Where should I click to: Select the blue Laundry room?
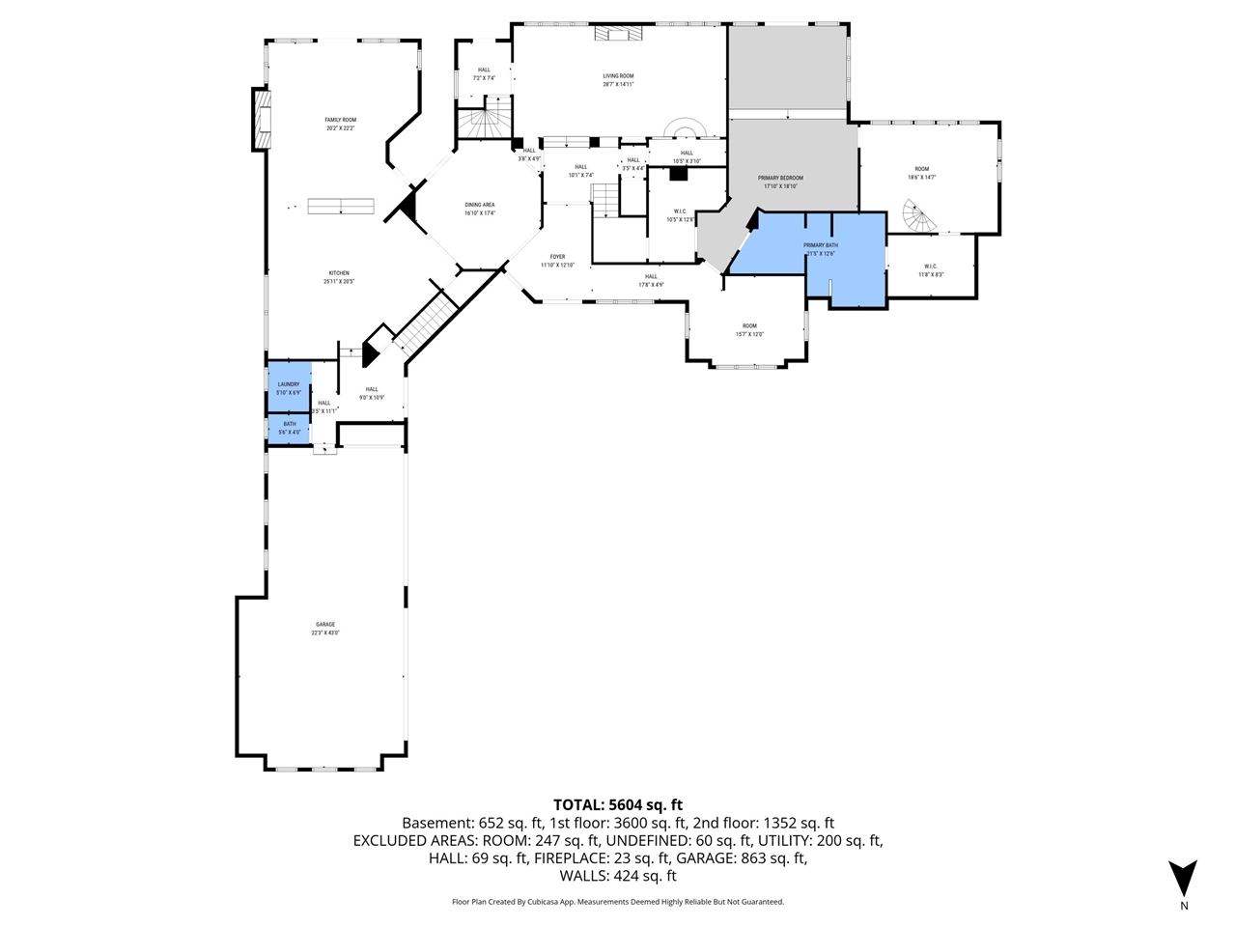pos(289,387)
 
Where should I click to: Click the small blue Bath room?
pos(289,428)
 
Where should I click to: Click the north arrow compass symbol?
pos(1183,877)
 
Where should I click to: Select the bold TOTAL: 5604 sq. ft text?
pos(618,804)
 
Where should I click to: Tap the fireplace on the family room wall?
pos(261,119)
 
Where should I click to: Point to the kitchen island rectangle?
pos(340,206)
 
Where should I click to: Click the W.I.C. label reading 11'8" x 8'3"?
pos(931,270)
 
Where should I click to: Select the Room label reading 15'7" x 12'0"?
pos(749,329)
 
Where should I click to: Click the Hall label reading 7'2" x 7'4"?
pos(484,73)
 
